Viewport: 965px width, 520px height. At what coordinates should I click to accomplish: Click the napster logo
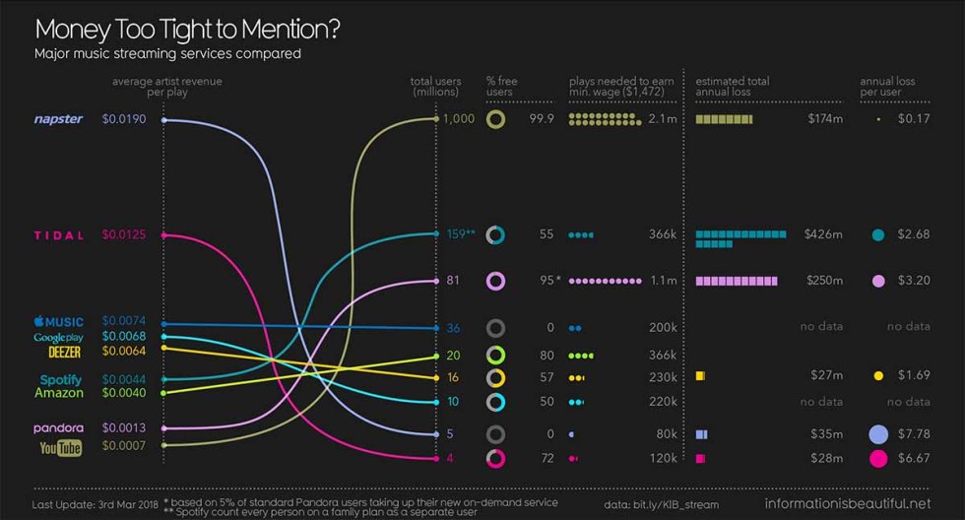pyautogui.click(x=58, y=119)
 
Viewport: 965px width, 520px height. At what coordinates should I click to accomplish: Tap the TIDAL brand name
pyautogui.click(x=58, y=235)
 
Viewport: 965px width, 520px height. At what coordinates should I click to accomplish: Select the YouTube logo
pyautogui.click(x=60, y=448)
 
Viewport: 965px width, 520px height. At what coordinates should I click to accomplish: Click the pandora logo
pyautogui.click(x=58, y=428)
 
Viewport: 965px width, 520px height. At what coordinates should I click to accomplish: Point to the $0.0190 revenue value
pyautogui.click(x=123, y=119)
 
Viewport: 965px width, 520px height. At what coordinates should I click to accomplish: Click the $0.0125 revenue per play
pyautogui.click(x=123, y=235)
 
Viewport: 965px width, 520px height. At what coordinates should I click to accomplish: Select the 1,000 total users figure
pyautogui.click(x=459, y=119)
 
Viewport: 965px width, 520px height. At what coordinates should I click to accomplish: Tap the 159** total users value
pyautogui.click(x=461, y=234)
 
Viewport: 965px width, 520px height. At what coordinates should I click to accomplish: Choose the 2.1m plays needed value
pyautogui.click(x=662, y=119)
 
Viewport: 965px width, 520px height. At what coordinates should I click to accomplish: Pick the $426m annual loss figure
pyautogui.click(x=823, y=234)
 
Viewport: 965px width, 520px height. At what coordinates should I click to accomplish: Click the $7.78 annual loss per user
pyautogui.click(x=914, y=434)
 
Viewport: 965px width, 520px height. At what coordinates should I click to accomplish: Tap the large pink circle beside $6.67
pyautogui.click(x=878, y=458)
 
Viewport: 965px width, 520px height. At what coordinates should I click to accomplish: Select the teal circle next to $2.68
pyautogui.click(x=878, y=235)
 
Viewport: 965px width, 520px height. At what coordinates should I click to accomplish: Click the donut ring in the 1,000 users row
pyautogui.click(x=496, y=119)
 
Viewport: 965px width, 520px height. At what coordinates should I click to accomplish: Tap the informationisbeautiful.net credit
pyautogui.click(x=847, y=504)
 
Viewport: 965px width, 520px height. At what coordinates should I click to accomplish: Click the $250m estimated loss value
pyautogui.click(x=823, y=282)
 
